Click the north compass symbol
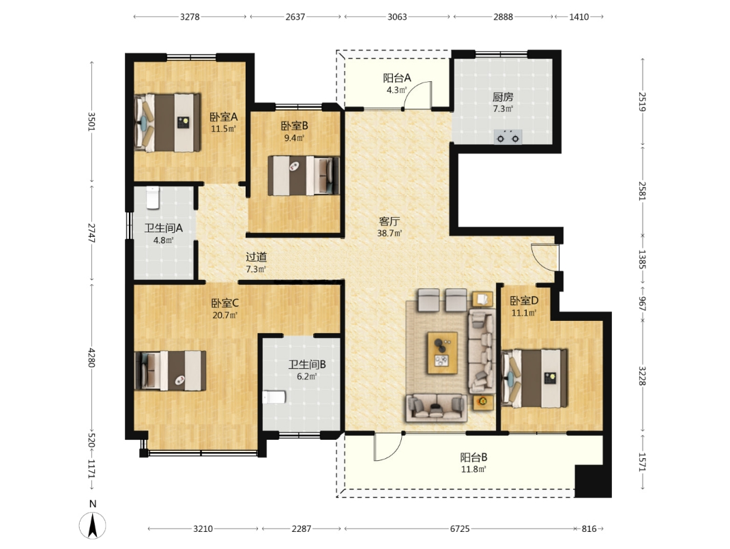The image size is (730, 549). [x=93, y=525]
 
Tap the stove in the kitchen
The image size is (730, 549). [x=508, y=137]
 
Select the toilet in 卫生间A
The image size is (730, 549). [x=153, y=197]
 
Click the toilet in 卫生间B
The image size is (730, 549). [x=274, y=397]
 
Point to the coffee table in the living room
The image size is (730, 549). [x=442, y=353]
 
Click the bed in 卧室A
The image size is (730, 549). [x=168, y=123]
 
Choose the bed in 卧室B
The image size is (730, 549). [x=304, y=175]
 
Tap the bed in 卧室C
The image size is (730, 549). [x=170, y=371]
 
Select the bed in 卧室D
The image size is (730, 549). [x=534, y=378]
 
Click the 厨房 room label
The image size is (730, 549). [x=503, y=97]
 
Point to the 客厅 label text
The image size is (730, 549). [x=389, y=221]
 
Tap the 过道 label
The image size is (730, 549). [x=256, y=257]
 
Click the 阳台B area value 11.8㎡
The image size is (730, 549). [x=473, y=469]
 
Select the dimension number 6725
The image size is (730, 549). [x=460, y=529]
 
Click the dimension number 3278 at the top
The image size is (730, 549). [x=190, y=17]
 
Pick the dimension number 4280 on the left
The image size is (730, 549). [x=91, y=357]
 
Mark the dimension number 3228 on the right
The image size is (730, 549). [x=642, y=376]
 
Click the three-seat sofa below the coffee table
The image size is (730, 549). [x=436, y=408]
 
